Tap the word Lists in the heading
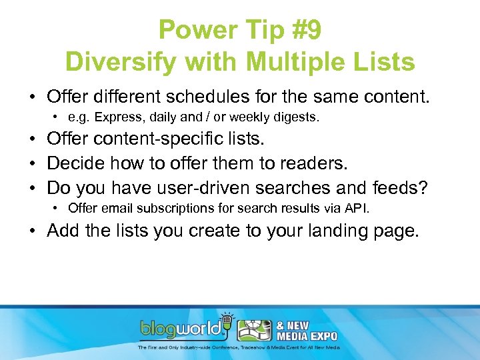(x=383, y=62)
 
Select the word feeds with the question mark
(x=407, y=188)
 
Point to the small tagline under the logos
(x=239, y=347)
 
